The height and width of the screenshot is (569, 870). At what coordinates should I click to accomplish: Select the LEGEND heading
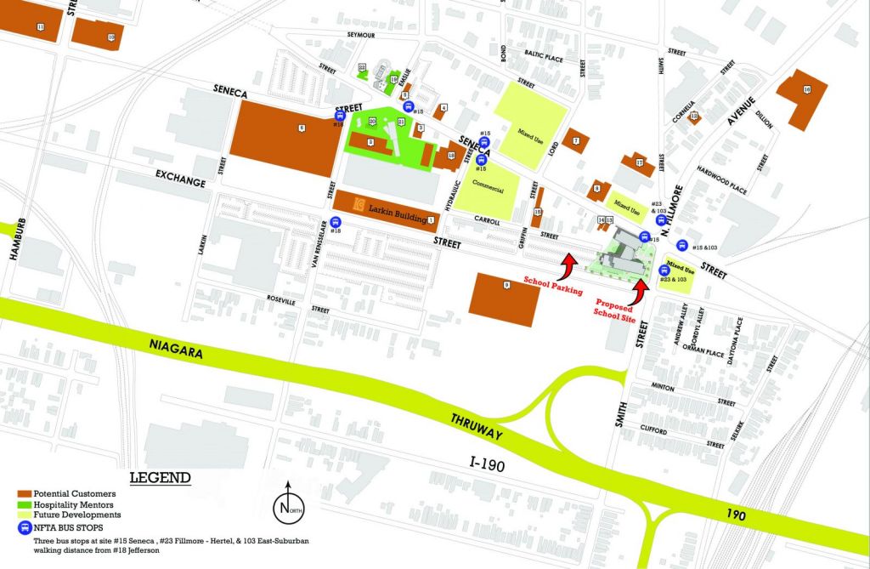coord(159,478)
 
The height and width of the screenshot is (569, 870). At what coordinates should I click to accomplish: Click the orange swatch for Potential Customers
coord(23,493)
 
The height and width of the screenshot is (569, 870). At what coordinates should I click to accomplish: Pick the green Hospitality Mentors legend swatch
coord(23,504)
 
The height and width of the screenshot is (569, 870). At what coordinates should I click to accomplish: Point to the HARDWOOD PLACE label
coord(730,179)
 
